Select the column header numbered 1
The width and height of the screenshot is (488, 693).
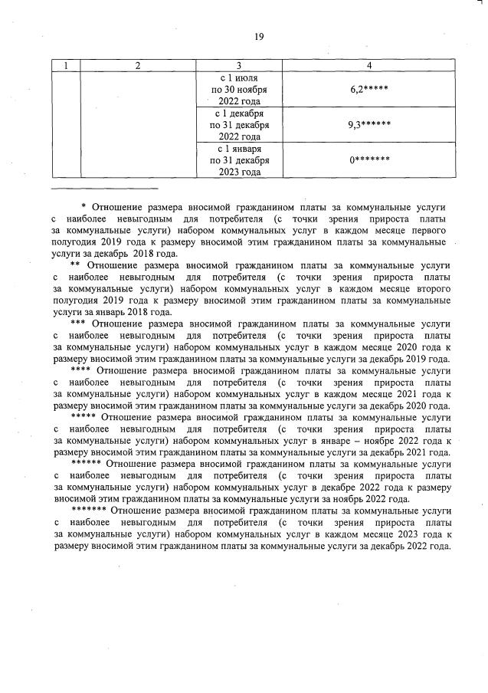(x=67, y=66)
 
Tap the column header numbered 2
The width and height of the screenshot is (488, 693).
(x=138, y=66)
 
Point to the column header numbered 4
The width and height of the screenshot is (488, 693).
(x=370, y=66)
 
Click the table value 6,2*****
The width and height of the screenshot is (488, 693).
(x=369, y=90)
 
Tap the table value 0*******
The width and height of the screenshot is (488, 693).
(x=369, y=159)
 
